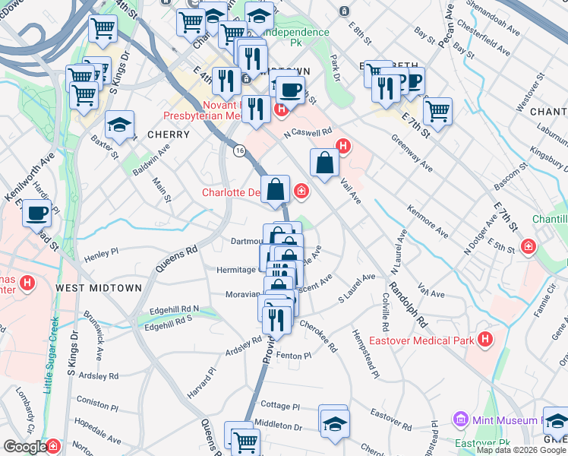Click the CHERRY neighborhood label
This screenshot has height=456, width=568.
point(169,135)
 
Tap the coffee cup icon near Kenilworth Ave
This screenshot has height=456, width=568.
point(36,214)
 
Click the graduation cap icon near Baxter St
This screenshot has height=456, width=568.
point(119,125)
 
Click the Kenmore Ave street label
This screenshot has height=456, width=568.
point(428,217)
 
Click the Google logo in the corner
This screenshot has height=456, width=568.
point(24,447)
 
